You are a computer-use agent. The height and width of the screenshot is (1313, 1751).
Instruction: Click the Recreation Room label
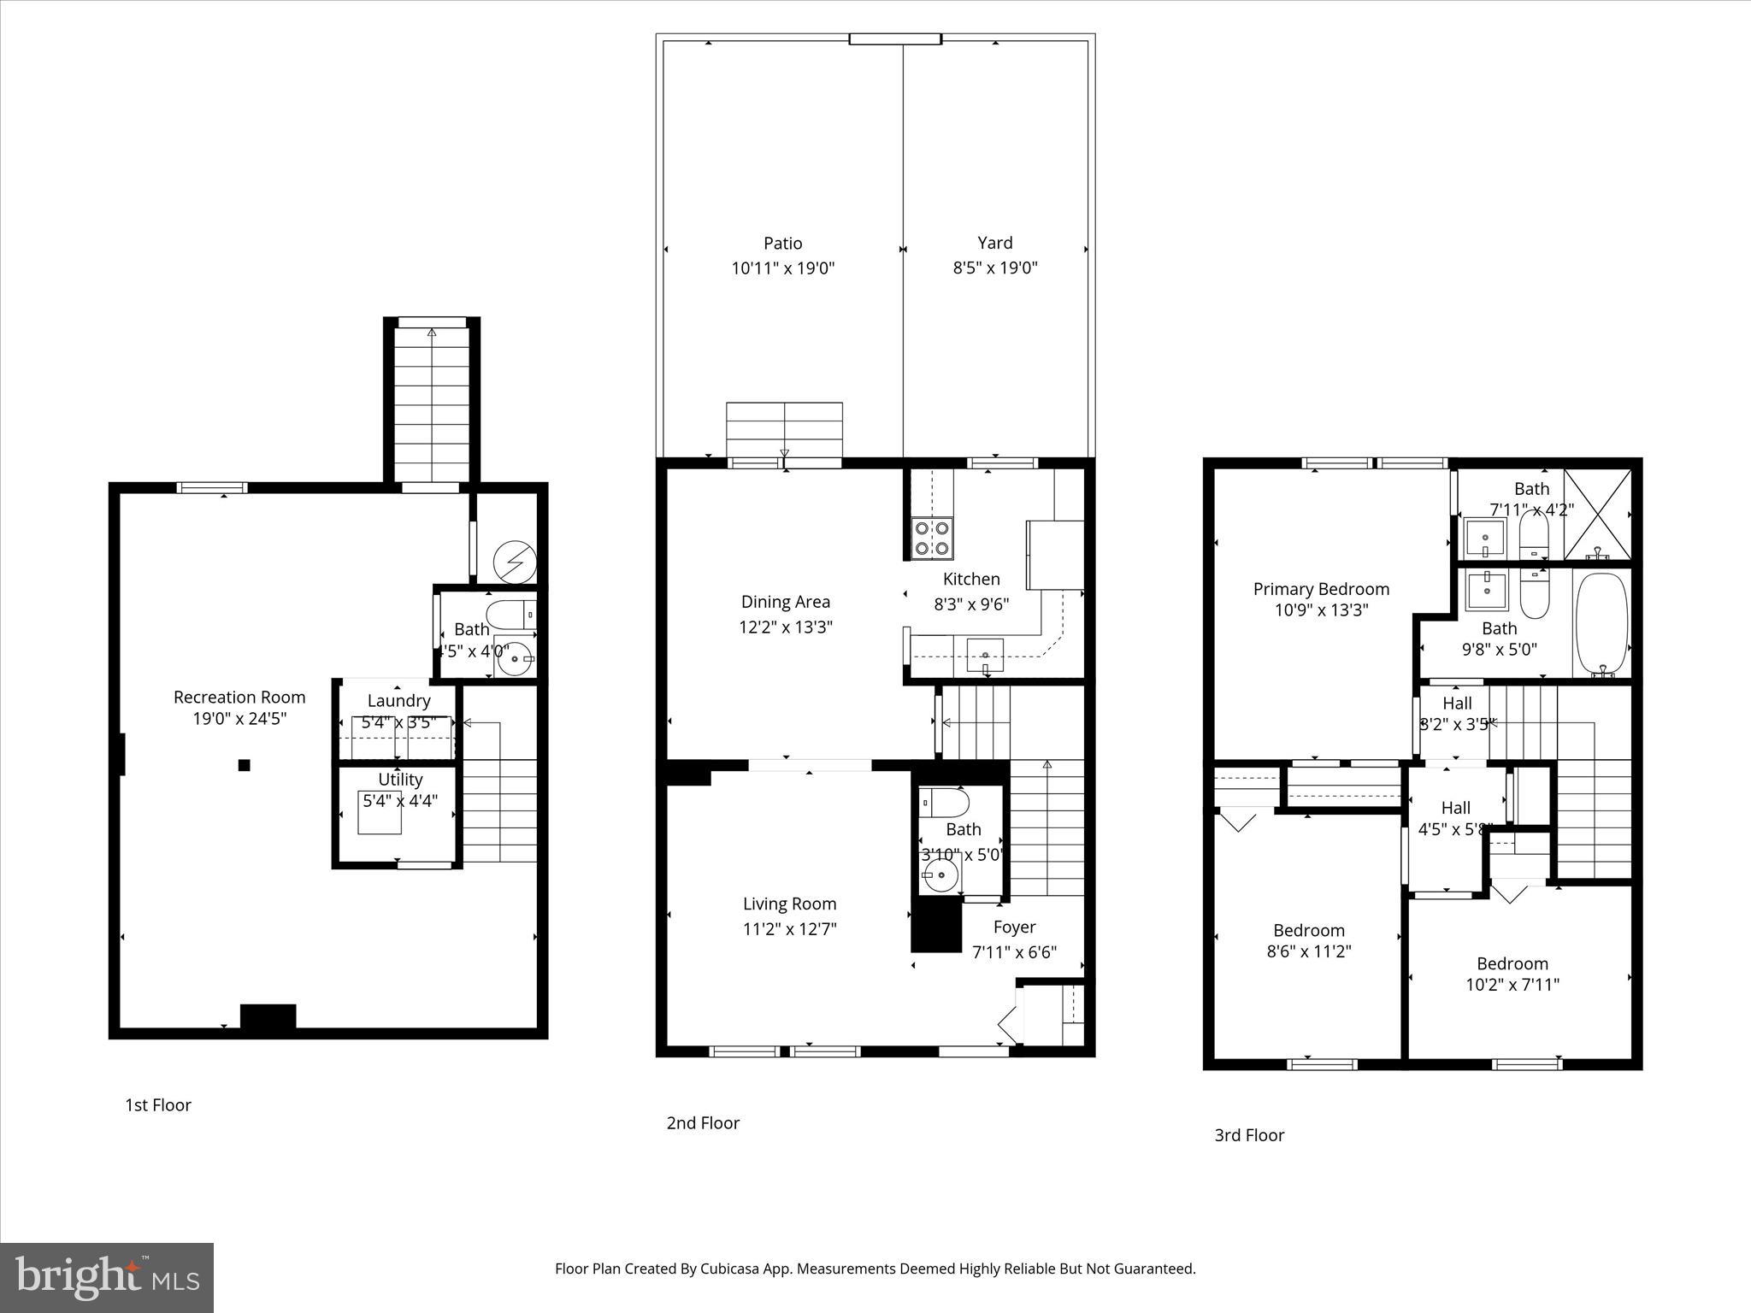point(239,697)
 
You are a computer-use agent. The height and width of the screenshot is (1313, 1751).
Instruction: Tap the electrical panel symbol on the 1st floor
point(516,562)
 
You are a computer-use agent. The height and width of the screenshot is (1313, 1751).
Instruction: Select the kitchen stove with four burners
point(932,538)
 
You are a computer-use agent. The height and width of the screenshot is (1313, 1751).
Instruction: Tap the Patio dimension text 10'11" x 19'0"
point(782,268)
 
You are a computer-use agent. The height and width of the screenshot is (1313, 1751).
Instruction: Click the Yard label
point(994,243)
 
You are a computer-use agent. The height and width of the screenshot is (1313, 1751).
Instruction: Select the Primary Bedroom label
point(1321,589)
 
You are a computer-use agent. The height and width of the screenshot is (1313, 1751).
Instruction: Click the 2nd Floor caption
point(703,1123)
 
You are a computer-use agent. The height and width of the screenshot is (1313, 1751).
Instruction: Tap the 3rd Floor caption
point(1249,1135)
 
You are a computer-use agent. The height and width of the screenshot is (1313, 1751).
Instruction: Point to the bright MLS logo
point(107,1277)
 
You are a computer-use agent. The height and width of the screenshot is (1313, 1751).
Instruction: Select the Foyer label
point(1014,927)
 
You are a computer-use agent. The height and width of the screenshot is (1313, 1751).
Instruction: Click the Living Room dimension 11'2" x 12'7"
point(789,928)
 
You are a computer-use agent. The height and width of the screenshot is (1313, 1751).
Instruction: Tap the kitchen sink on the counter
point(985,654)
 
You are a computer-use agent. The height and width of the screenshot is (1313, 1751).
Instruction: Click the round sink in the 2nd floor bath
point(940,874)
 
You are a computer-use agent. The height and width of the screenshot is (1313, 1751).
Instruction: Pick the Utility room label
point(400,780)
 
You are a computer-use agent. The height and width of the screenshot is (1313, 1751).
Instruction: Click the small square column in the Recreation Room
point(244,765)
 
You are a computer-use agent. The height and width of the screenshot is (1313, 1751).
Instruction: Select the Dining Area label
point(785,602)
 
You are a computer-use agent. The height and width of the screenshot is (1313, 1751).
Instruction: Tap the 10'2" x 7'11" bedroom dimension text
point(1512,984)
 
